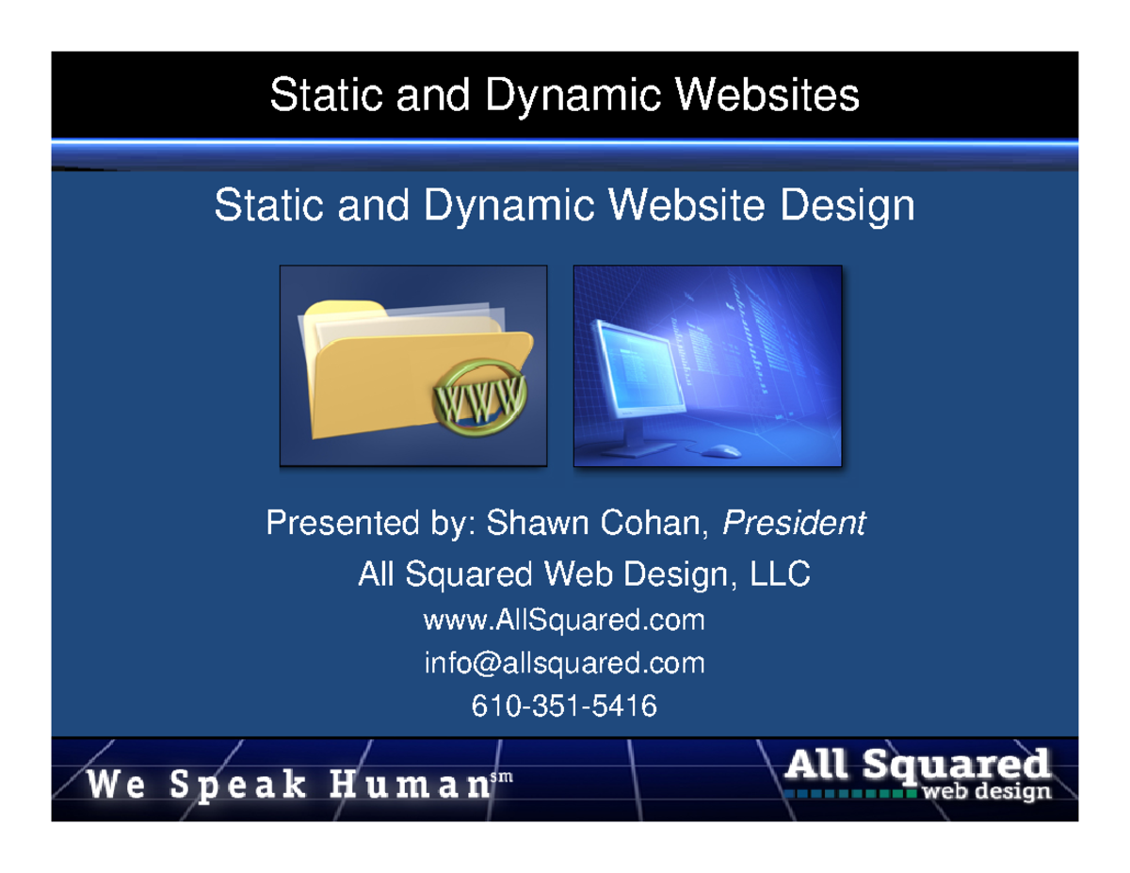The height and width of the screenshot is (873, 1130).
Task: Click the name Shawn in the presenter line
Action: (x=530, y=524)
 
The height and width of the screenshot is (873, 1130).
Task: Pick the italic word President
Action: (x=793, y=524)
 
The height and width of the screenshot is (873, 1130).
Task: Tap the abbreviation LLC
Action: (x=779, y=574)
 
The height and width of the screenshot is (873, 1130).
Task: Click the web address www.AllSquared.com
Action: (x=564, y=622)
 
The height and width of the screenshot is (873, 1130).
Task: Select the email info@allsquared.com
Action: (x=564, y=664)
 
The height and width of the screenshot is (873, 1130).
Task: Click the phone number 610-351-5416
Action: (x=564, y=705)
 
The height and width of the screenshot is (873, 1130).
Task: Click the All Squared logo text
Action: (x=916, y=764)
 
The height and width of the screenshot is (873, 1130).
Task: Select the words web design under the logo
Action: (x=986, y=792)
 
